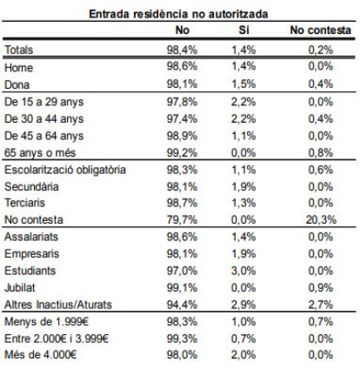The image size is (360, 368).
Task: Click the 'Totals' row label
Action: click(20, 51)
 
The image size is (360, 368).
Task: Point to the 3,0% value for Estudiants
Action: click(243, 270)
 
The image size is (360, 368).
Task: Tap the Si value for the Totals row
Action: click(243, 51)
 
